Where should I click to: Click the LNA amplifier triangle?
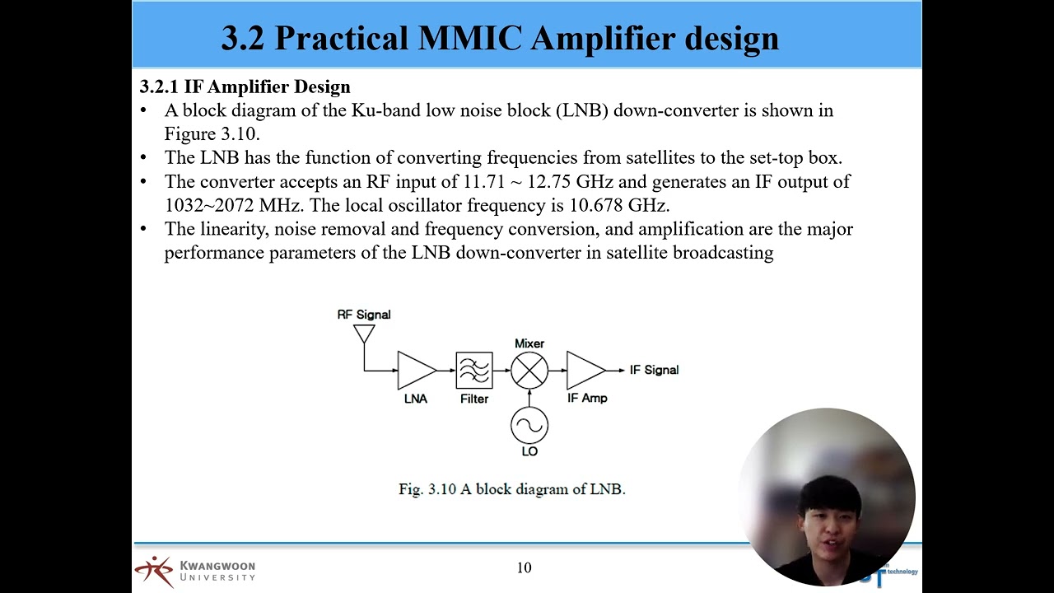[415, 371]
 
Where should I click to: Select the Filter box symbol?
[474, 371]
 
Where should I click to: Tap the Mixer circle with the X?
[529, 371]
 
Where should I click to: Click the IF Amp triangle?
[585, 371]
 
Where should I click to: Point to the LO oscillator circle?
[529, 426]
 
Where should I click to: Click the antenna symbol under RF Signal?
[364, 334]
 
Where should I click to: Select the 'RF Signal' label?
[364, 315]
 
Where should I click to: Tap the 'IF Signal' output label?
[654, 370]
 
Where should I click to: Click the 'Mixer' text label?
[529, 343]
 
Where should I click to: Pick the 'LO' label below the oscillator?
[529, 451]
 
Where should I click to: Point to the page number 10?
[525, 567]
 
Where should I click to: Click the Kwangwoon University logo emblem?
[154, 571]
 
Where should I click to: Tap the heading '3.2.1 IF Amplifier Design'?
[245, 86]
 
